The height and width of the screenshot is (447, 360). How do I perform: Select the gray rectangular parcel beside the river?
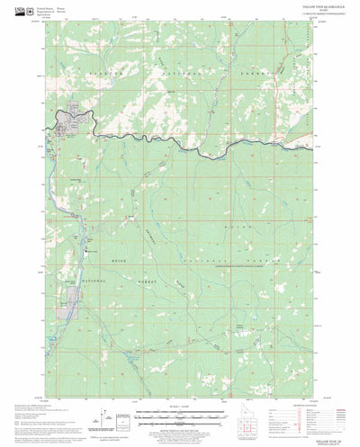[73, 291]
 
